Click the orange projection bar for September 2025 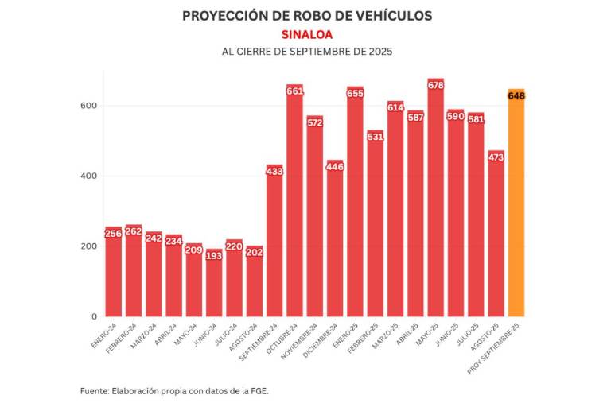coord(516,207)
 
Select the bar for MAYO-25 coord(435,199)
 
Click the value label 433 coord(274,171)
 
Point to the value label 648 coord(516,96)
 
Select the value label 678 coord(435,85)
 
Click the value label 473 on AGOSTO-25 coord(496,157)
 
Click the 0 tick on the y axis coord(94,316)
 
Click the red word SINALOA coord(306,34)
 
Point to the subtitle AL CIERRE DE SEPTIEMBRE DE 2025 coord(306,52)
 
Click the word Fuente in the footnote coord(96,391)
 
